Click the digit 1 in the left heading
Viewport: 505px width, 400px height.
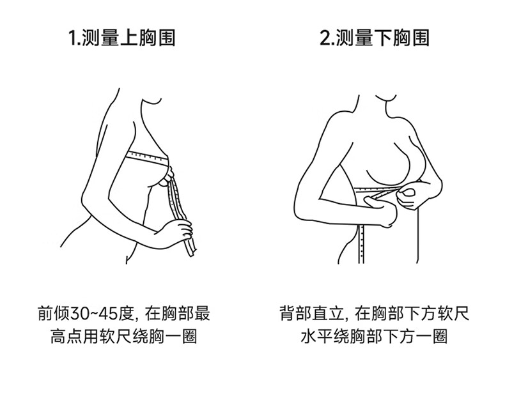(x=73, y=38)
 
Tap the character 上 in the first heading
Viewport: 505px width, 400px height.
(x=129, y=38)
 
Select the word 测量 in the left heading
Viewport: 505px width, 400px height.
(x=100, y=38)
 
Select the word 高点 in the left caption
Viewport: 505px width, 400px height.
(x=66, y=337)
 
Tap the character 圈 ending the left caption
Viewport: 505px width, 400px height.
(x=189, y=337)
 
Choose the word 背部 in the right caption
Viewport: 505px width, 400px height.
(x=296, y=313)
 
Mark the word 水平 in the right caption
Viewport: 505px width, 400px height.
(x=316, y=337)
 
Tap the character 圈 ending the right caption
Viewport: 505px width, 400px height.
(x=440, y=337)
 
